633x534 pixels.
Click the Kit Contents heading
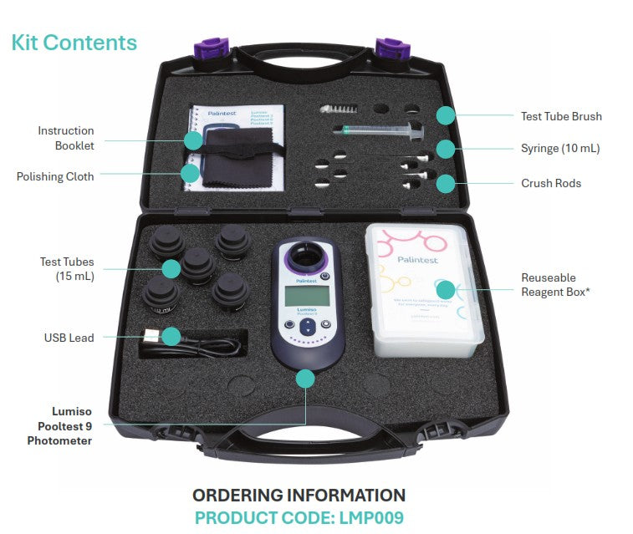click(74, 42)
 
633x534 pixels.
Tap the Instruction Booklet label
click(66, 138)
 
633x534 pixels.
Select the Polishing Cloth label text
click(55, 176)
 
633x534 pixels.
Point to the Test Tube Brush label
click(561, 116)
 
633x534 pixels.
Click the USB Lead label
click(69, 338)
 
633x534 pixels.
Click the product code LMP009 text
click(299, 517)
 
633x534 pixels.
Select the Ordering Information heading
click(299, 495)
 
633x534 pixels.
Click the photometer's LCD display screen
click(304, 294)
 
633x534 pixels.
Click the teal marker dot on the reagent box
click(445, 290)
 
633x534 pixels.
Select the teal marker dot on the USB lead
click(171, 337)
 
